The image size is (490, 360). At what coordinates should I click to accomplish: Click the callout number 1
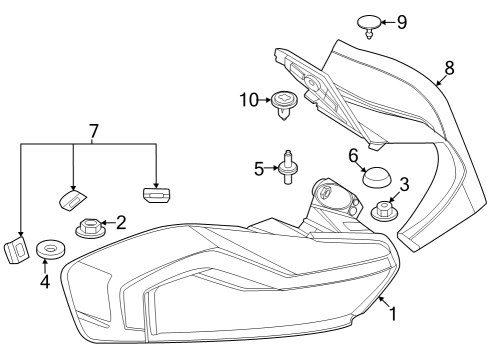393,314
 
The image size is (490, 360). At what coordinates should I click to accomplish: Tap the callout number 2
120,222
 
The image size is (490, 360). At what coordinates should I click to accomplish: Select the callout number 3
404,184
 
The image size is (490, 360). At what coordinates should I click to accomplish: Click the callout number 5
257,169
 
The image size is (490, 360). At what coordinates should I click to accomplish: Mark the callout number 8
449,67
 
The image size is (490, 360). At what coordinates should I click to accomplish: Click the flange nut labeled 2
87,228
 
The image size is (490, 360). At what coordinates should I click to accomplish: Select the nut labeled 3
383,210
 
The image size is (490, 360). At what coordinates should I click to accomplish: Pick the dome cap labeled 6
376,178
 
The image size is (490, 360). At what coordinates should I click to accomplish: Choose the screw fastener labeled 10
285,101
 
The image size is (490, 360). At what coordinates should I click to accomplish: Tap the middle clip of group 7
70,197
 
